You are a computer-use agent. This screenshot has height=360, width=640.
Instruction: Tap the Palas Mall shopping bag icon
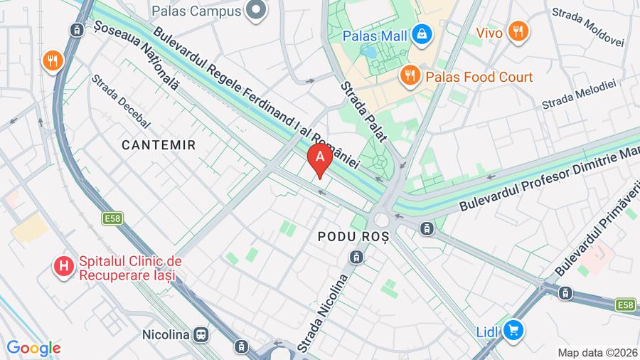422,34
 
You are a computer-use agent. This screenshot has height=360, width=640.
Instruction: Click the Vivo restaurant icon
518,32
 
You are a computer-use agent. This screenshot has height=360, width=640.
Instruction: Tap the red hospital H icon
64,268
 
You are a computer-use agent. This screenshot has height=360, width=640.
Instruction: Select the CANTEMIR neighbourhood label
158,145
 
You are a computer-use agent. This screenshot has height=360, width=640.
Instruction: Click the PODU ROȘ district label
353,235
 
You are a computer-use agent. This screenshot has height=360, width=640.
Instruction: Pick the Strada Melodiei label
577,95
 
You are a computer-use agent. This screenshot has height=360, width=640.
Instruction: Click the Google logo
33,348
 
